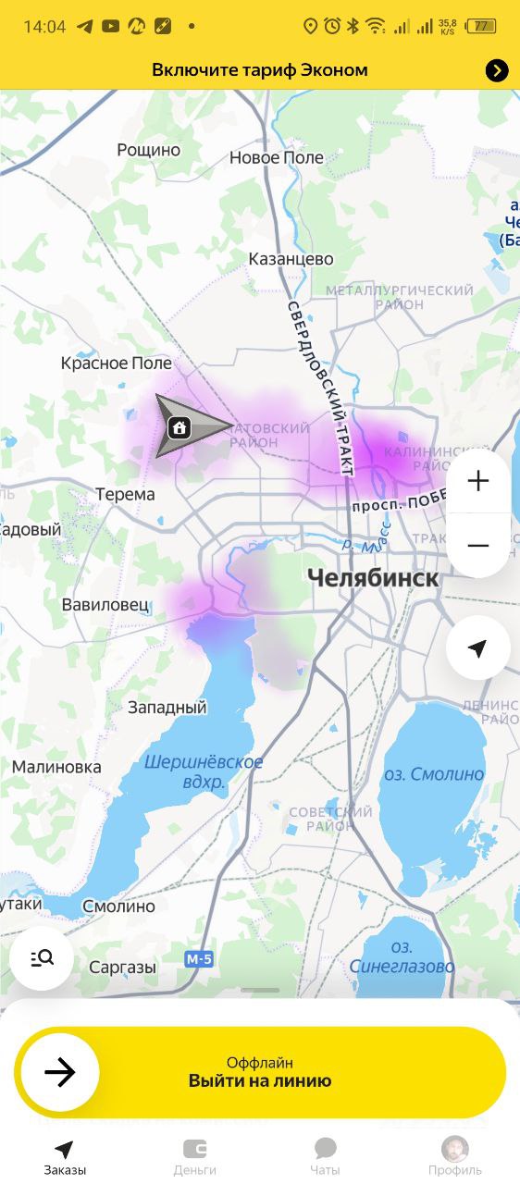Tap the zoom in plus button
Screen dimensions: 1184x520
click(x=477, y=481)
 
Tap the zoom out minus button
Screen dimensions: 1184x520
click(x=477, y=546)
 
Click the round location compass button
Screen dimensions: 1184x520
click(x=477, y=648)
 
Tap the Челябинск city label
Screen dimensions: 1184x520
click(x=372, y=579)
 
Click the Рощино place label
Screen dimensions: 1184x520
click(x=149, y=150)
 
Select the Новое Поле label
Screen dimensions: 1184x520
click(x=277, y=157)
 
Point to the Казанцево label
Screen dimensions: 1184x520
click(x=291, y=259)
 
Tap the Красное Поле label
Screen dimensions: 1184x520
click(x=117, y=364)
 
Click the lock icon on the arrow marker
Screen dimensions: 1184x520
click(x=180, y=427)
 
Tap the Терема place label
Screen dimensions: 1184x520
click(x=125, y=494)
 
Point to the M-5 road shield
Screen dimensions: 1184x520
click(x=199, y=959)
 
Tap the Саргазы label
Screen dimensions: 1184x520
click(x=122, y=968)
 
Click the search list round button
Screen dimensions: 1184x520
click(x=42, y=958)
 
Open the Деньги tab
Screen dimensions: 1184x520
click(x=194, y=1156)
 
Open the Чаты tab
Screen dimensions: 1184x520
click(x=325, y=1156)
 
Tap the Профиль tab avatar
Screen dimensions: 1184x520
click(x=454, y=1150)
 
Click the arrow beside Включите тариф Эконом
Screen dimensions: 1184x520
click(x=497, y=70)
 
